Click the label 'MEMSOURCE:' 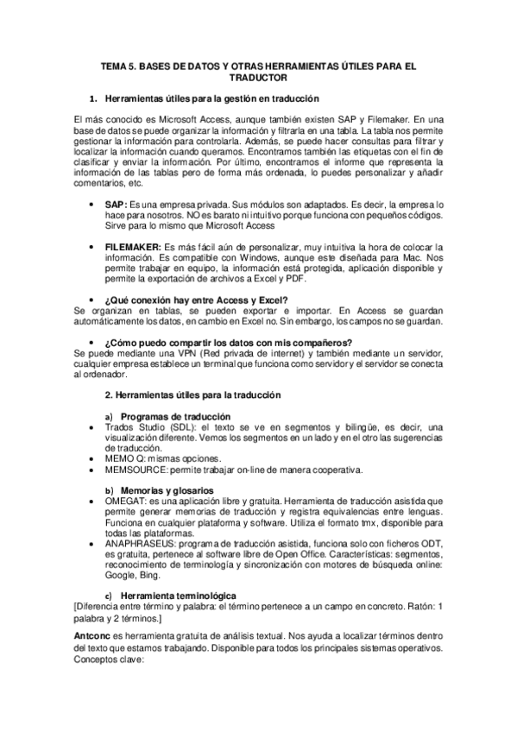[138, 470]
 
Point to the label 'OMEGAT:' [127, 502]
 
